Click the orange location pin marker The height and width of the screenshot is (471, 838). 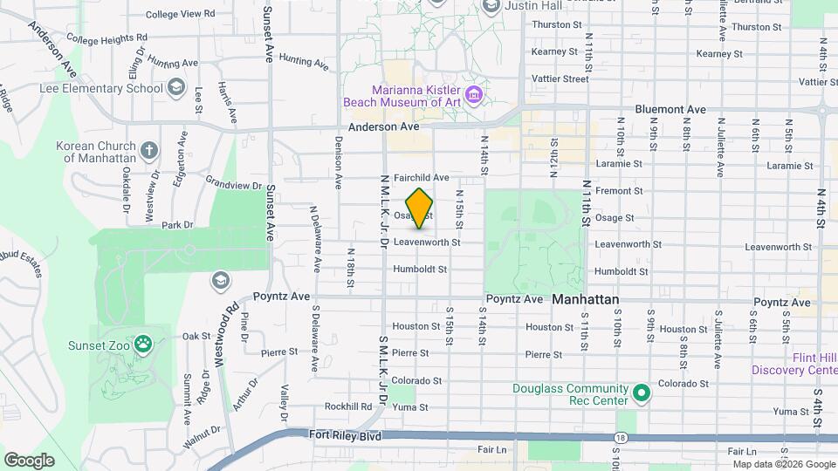pos(420,208)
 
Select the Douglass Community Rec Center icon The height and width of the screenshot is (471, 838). pos(642,394)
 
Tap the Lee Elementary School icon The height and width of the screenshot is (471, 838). pos(177,87)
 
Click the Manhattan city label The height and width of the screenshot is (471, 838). pos(586,299)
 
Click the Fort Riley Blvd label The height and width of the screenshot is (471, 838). pos(345,434)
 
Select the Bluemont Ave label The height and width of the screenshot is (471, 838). pos(670,109)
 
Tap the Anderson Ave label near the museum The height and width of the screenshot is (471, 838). pos(384,126)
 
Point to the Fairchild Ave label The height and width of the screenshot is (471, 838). pos(421,177)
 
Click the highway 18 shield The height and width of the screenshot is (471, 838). pos(620,437)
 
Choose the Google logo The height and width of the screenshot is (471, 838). pos(29,460)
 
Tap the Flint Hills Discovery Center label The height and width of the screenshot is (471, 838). pos(793,364)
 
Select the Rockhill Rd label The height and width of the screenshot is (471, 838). pos(348,406)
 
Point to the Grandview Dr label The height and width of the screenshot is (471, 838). pos(234,185)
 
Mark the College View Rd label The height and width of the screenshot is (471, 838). pos(180,14)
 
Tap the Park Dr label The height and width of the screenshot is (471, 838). pos(176,225)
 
